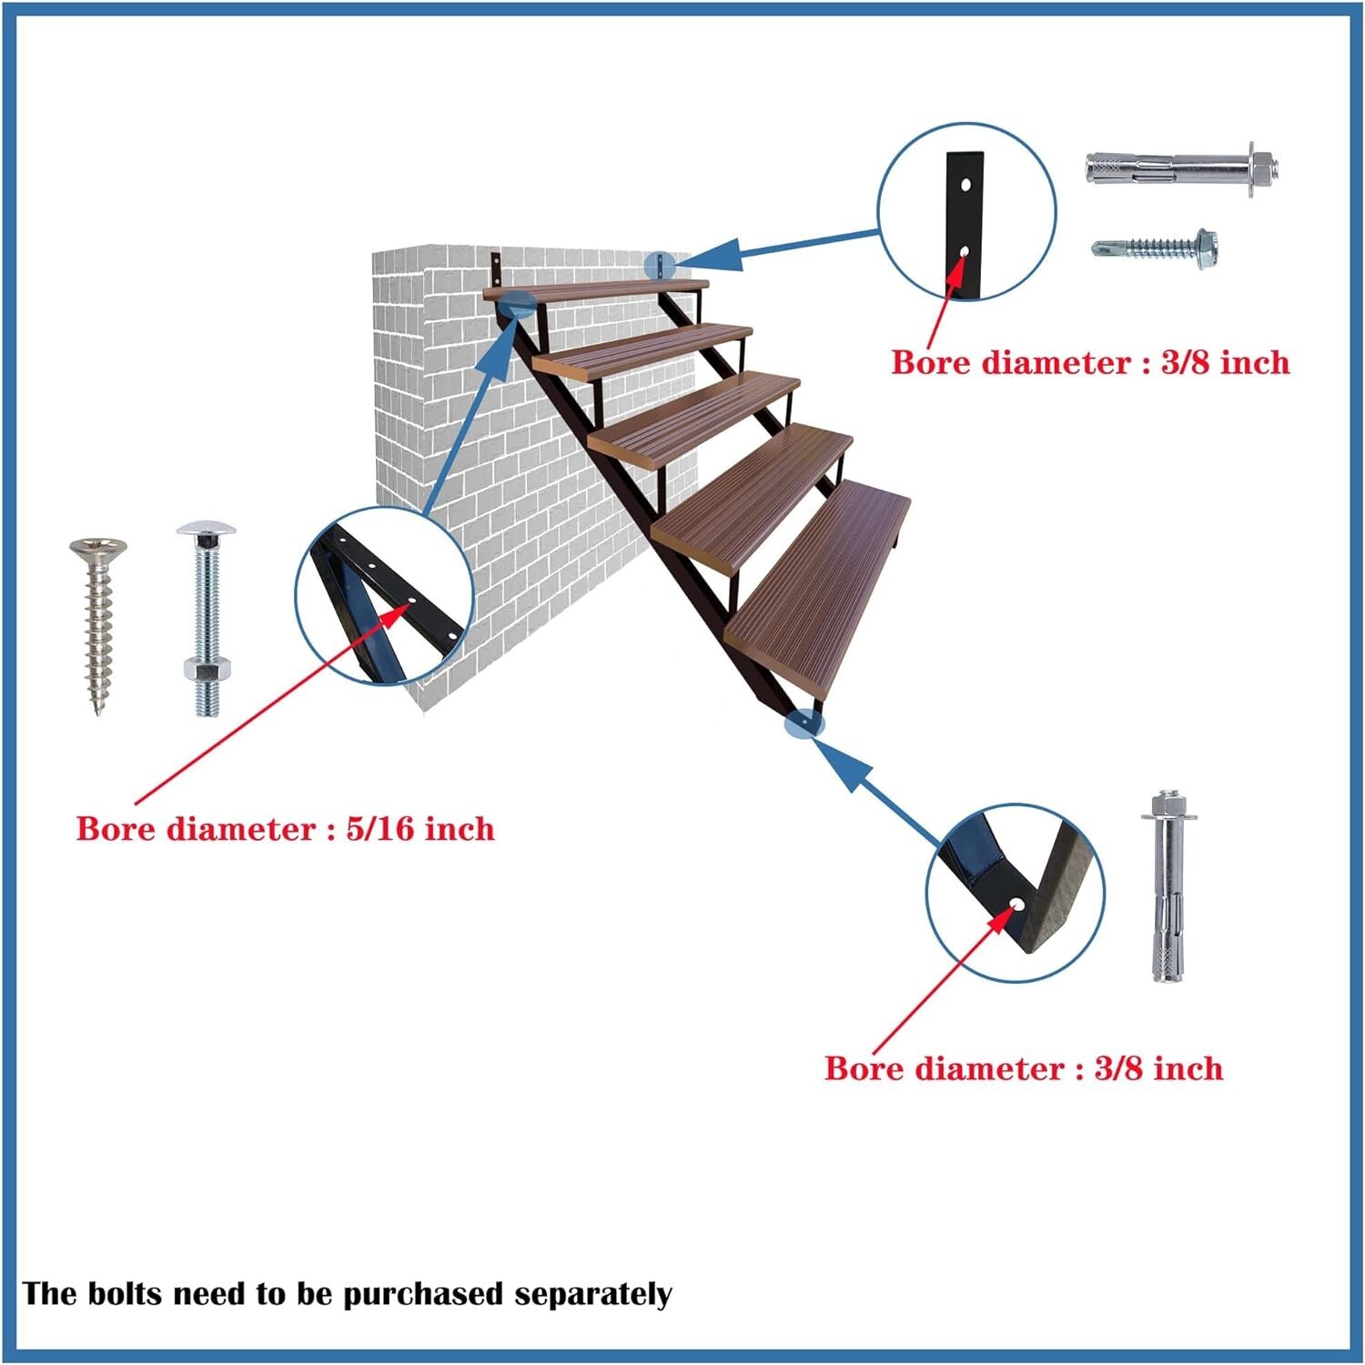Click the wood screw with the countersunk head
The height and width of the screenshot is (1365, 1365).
coord(97,623)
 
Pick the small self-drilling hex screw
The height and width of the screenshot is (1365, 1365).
coord(1156,245)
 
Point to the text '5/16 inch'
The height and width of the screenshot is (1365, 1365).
coord(420,829)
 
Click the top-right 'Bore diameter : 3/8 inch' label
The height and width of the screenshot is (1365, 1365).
coord(1089,362)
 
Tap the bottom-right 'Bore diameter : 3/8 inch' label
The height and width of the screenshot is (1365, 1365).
coord(1023,1067)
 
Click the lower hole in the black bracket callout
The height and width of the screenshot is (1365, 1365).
coord(964,249)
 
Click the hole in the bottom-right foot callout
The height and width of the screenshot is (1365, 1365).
coord(1016,904)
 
